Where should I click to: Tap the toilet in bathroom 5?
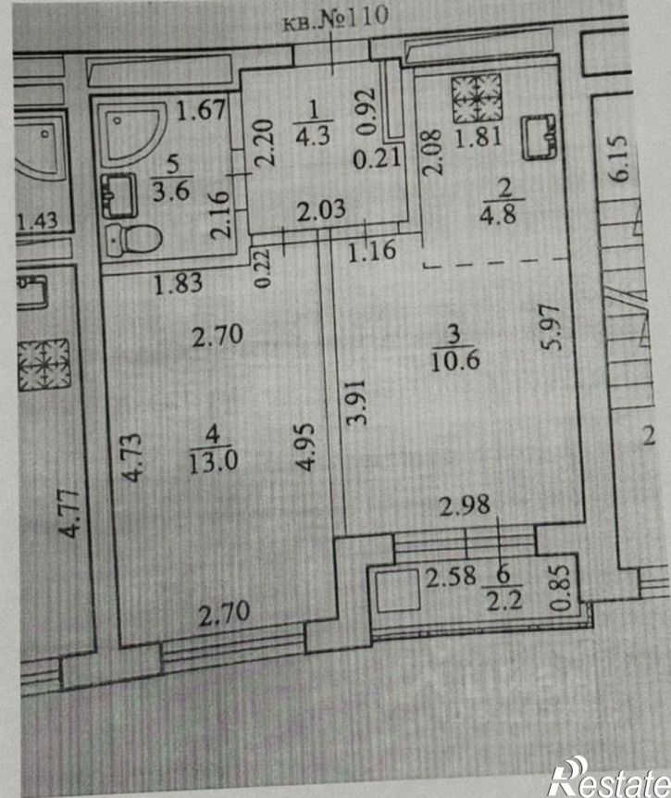point(134,239)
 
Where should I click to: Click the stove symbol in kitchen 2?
point(477,98)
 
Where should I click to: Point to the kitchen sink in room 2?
point(540,137)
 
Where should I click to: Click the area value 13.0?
point(213,463)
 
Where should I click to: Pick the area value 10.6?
point(454,361)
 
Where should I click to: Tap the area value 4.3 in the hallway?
point(314,136)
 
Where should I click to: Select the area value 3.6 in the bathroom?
point(172,192)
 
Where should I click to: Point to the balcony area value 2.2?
point(504,602)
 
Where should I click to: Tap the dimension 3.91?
point(355,402)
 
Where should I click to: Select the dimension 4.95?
point(305,448)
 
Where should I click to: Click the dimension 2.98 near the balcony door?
point(465,505)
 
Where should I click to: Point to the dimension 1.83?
point(178,283)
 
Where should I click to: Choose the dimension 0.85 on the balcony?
point(560,588)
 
